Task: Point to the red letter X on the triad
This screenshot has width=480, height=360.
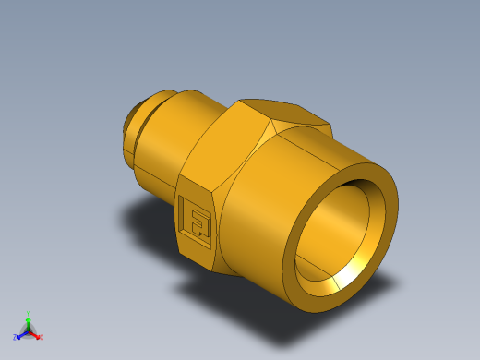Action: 42,337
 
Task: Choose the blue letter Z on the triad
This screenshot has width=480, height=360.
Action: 17,337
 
